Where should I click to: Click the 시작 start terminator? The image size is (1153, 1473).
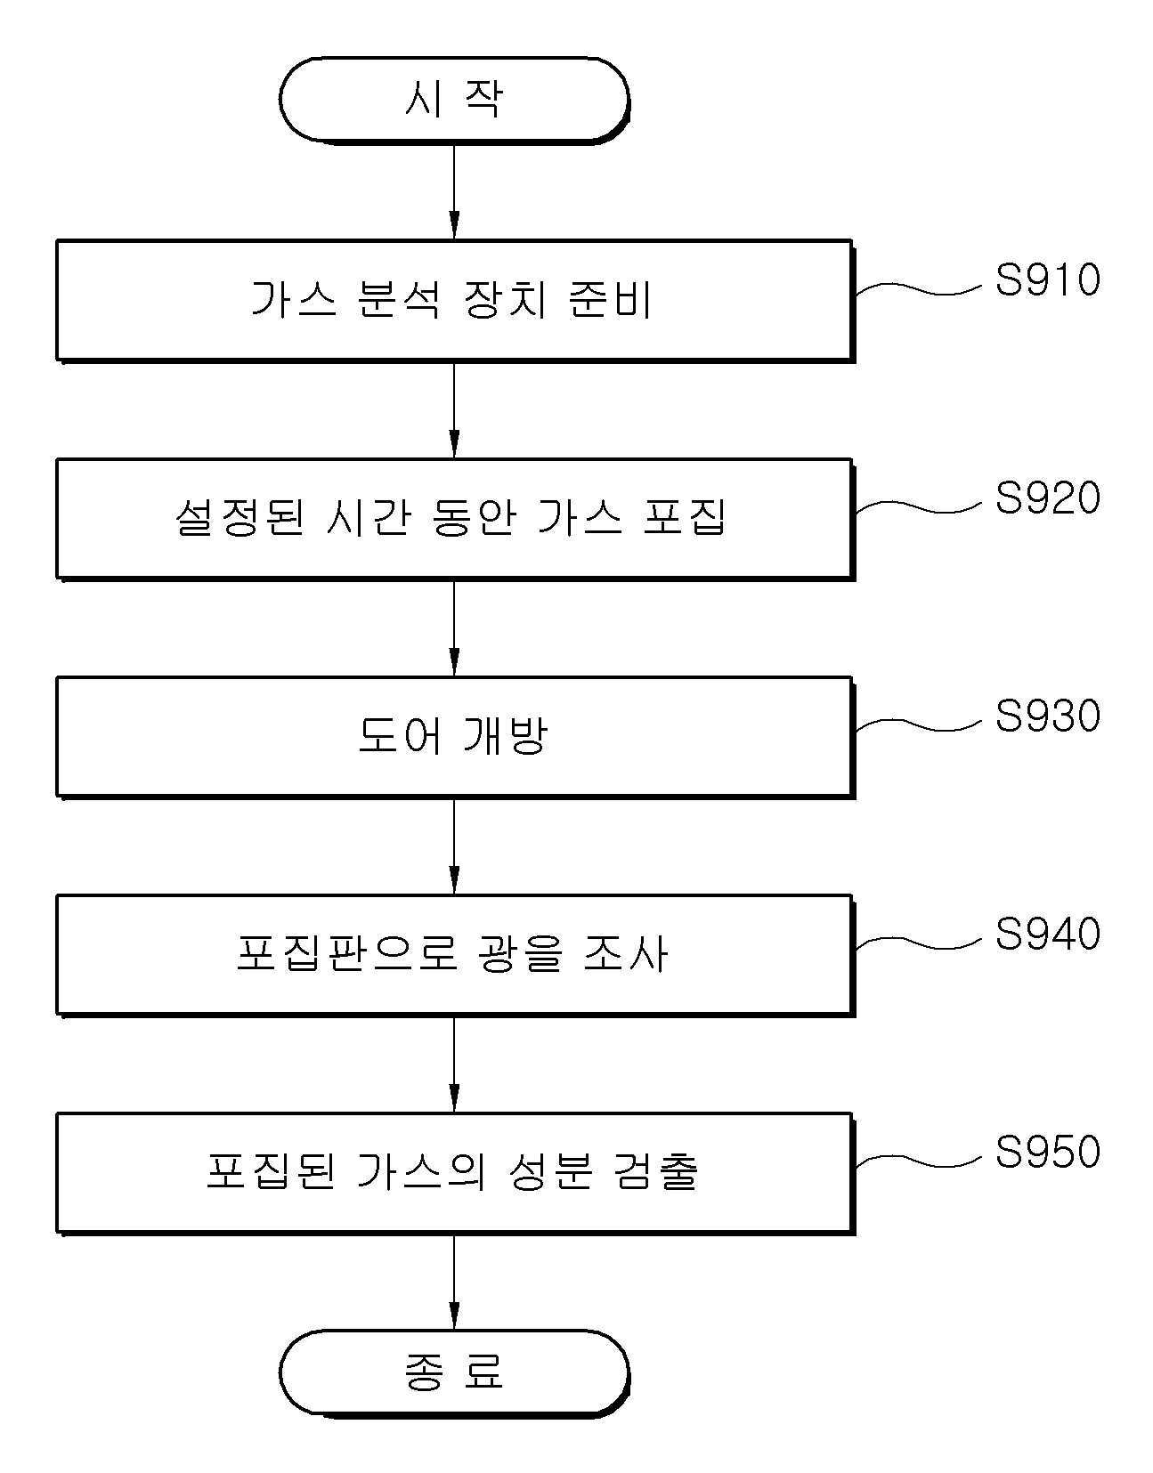[454, 100]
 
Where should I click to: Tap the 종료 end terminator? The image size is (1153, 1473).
[454, 1372]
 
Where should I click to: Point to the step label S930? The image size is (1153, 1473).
[1047, 716]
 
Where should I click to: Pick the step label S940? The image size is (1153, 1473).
[1047, 934]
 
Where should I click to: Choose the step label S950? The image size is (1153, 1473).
[1047, 1152]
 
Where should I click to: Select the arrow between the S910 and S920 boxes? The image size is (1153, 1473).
[454, 409]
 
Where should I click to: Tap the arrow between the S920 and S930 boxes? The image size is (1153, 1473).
[454, 627]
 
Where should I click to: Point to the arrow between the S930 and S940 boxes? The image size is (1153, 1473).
[454, 846]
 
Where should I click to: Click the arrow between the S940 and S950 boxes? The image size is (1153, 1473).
[454, 1064]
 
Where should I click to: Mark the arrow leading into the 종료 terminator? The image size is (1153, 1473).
[454, 1281]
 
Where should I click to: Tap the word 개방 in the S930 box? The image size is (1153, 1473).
[505, 736]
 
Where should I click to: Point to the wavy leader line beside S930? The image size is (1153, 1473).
[919, 724]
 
